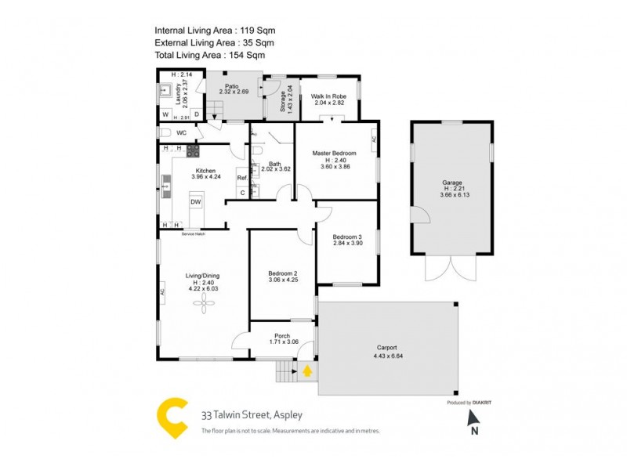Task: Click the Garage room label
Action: [452, 182]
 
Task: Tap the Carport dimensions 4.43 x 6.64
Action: [386, 356]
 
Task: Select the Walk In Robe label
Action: [329, 96]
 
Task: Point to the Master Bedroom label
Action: [334, 153]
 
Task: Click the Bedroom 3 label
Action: [347, 237]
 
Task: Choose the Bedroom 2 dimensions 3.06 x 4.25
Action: [284, 280]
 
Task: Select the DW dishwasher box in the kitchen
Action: [196, 202]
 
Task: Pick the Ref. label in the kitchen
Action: [242, 178]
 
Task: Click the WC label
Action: [180, 133]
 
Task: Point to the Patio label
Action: [231, 86]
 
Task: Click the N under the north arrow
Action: [473, 430]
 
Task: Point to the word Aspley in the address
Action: [285, 415]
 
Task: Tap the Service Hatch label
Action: [193, 234]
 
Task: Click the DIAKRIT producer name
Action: [487, 402]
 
